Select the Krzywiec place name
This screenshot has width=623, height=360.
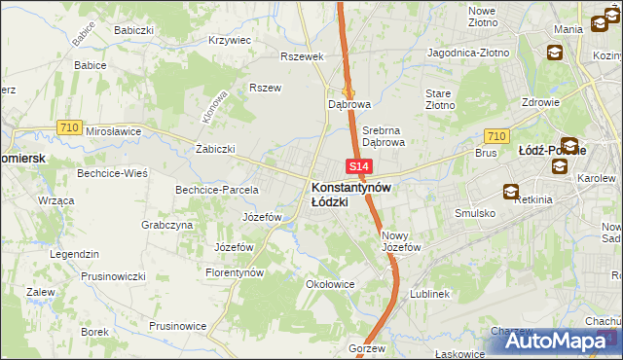pos(230,41)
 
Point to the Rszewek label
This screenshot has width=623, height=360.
pos(301,56)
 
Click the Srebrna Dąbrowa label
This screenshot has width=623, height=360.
pos(383,135)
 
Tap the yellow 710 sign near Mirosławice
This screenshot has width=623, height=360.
pos(68,126)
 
